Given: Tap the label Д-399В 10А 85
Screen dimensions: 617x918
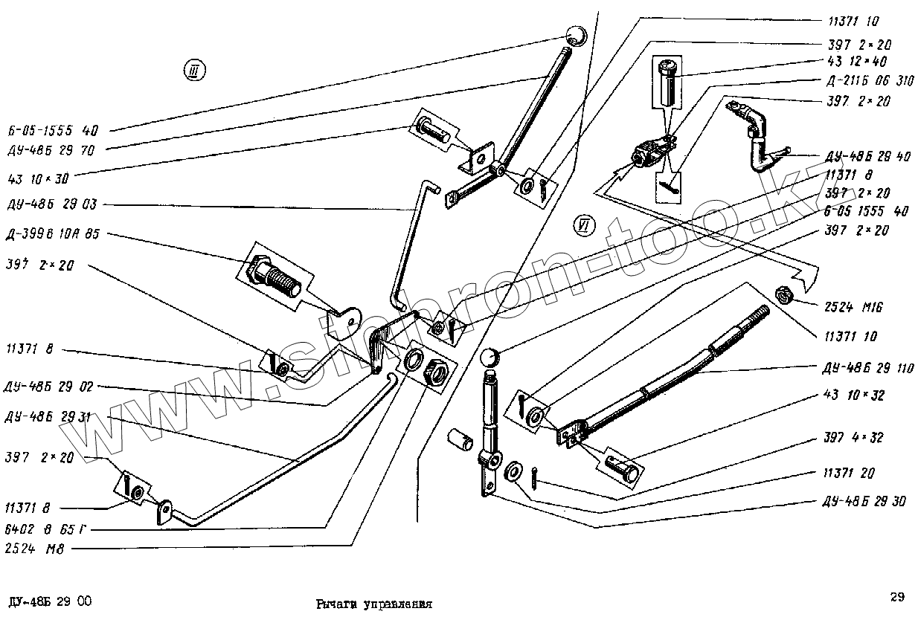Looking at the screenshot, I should (x=51, y=234).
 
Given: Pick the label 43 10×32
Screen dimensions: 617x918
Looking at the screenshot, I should (x=855, y=395).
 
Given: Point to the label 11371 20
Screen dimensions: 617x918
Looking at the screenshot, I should (x=850, y=473).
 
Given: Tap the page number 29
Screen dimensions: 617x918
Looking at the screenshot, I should (x=896, y=596).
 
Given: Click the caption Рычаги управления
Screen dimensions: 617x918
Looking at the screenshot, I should (x=373, y=604).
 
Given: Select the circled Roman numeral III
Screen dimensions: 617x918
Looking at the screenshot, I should (x=195, y=71).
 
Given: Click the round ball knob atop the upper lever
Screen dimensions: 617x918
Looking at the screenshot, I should (x=576, y=35).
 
